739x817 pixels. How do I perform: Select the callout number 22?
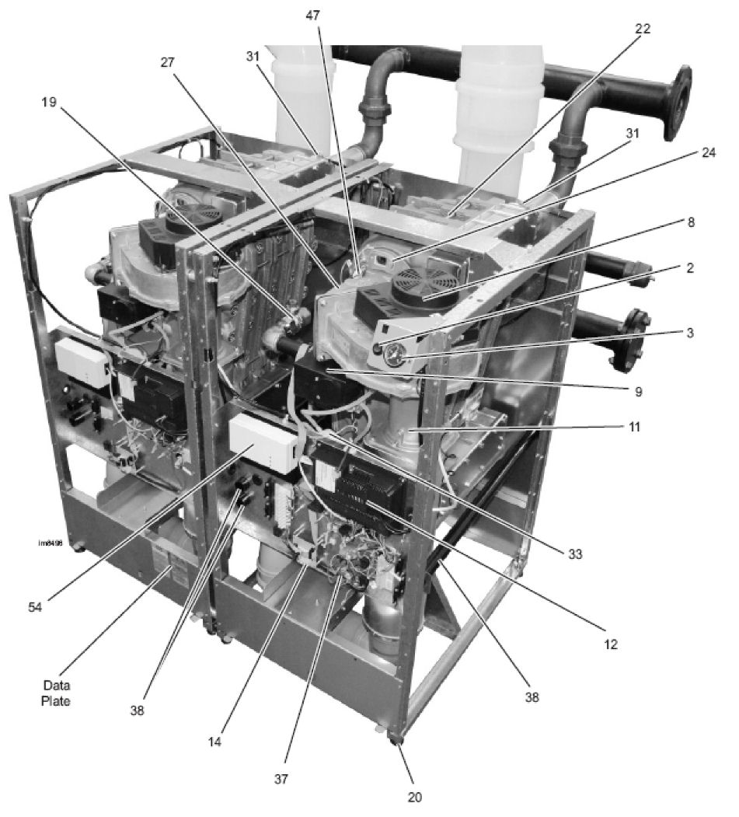[x=642, y=28]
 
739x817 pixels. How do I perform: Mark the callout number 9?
[x=638, y=392]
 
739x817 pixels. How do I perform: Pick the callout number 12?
[x=613, y=644]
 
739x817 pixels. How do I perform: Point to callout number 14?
[x=214, y=742]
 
